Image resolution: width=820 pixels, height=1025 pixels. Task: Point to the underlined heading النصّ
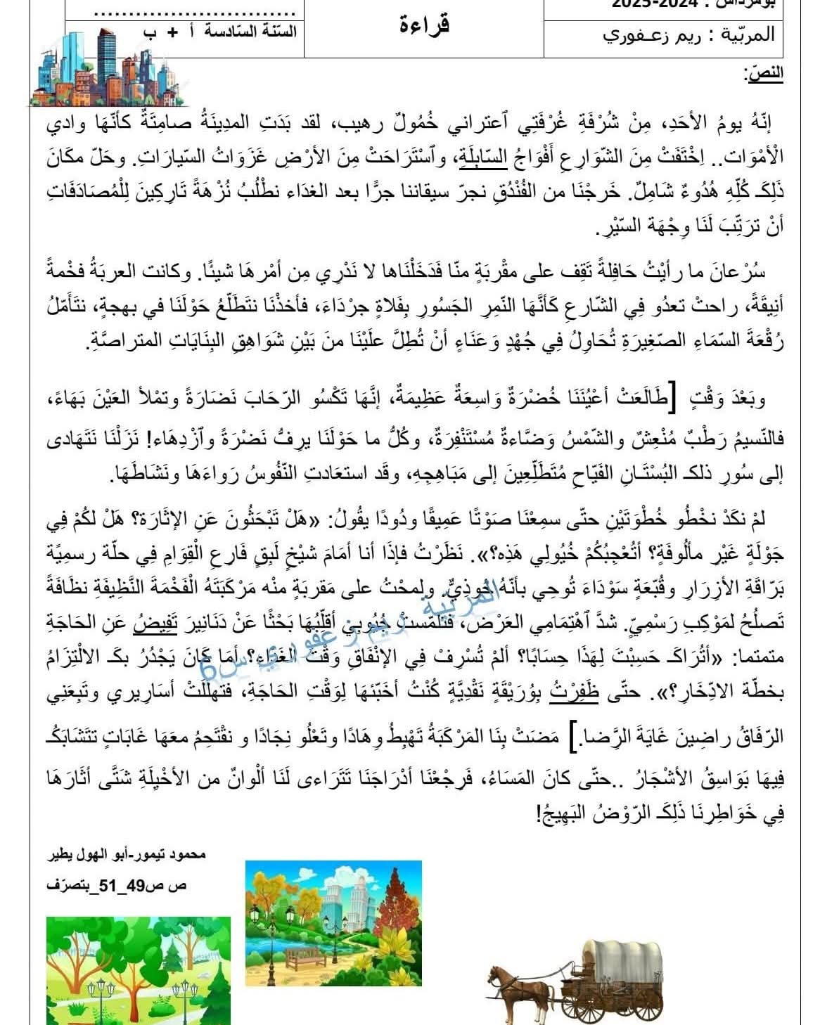tap(764, 73)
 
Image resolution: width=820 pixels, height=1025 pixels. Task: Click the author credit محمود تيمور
tap(175, 856)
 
